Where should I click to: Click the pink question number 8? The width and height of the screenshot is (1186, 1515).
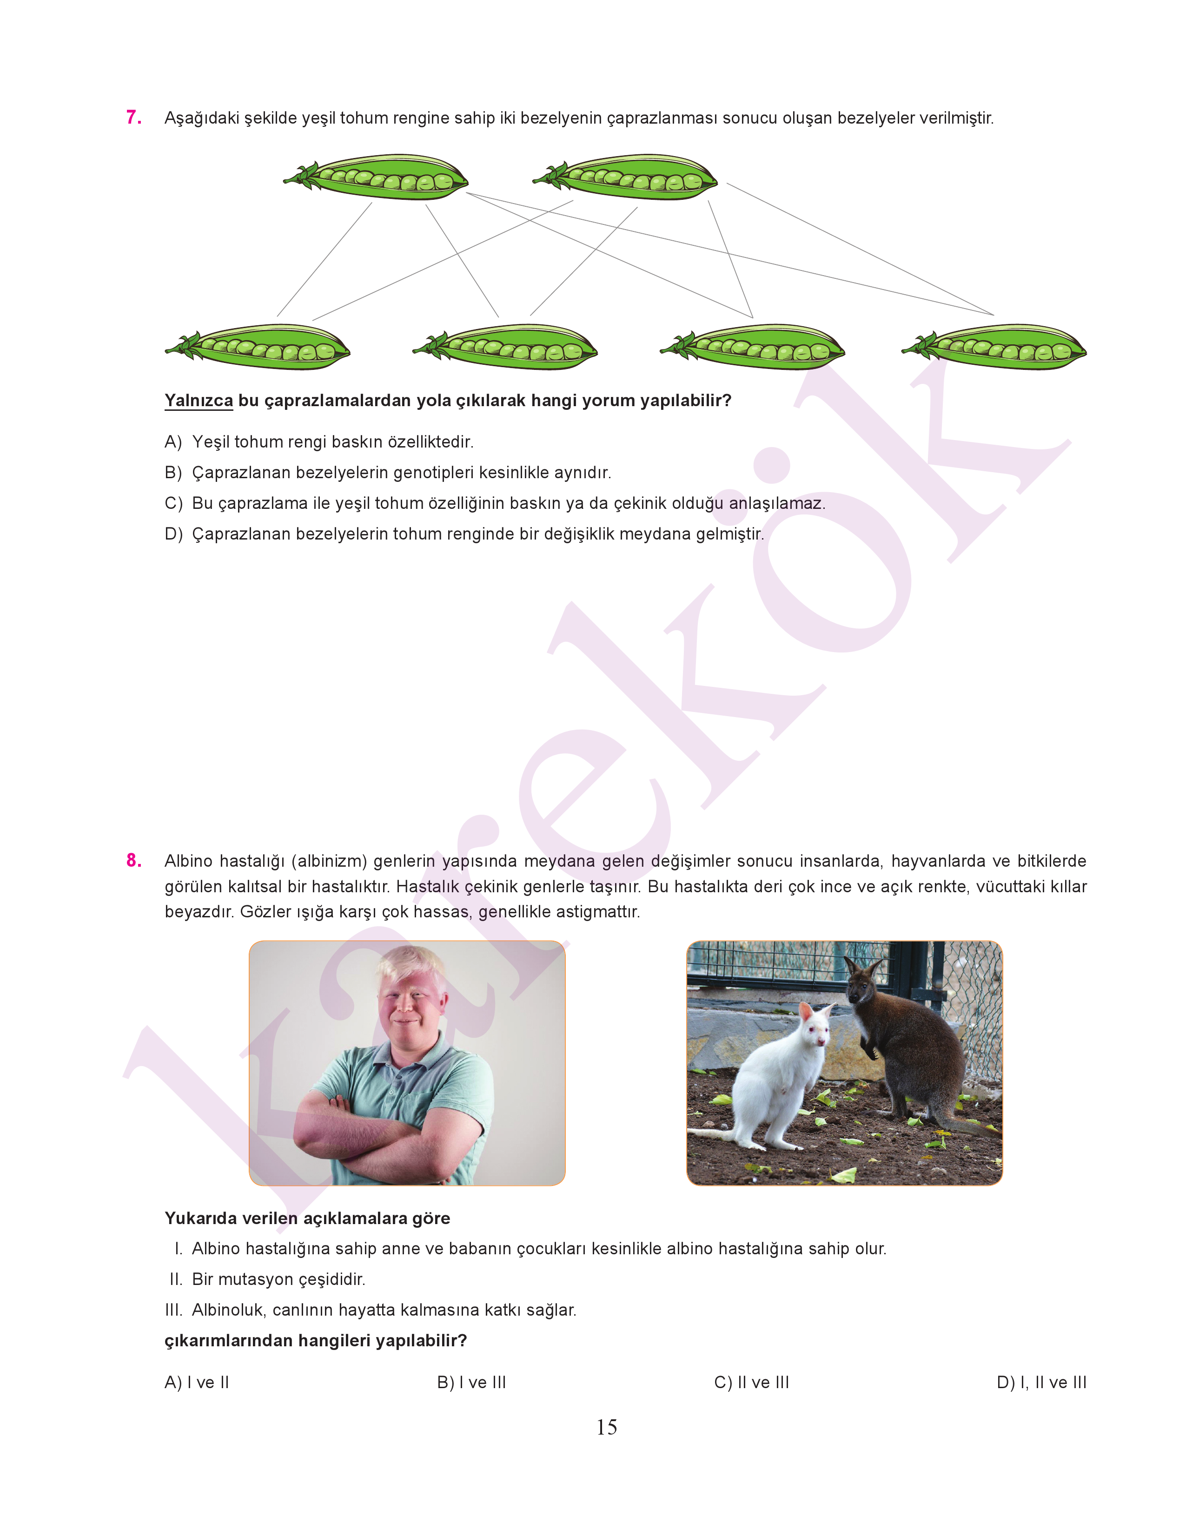coord(133,861)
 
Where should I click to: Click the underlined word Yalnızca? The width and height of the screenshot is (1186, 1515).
coord(199,401)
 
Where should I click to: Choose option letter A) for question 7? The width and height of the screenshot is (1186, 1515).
coord(173,442)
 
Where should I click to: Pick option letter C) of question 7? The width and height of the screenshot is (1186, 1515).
coord(173,503)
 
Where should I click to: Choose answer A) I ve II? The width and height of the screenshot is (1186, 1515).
coord(197,1383)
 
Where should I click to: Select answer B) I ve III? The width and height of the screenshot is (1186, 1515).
coord(471,1383)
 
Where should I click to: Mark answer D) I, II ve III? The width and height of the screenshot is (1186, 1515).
coord(1041,1383)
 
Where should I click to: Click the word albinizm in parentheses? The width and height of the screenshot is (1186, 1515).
coord(328,861)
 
